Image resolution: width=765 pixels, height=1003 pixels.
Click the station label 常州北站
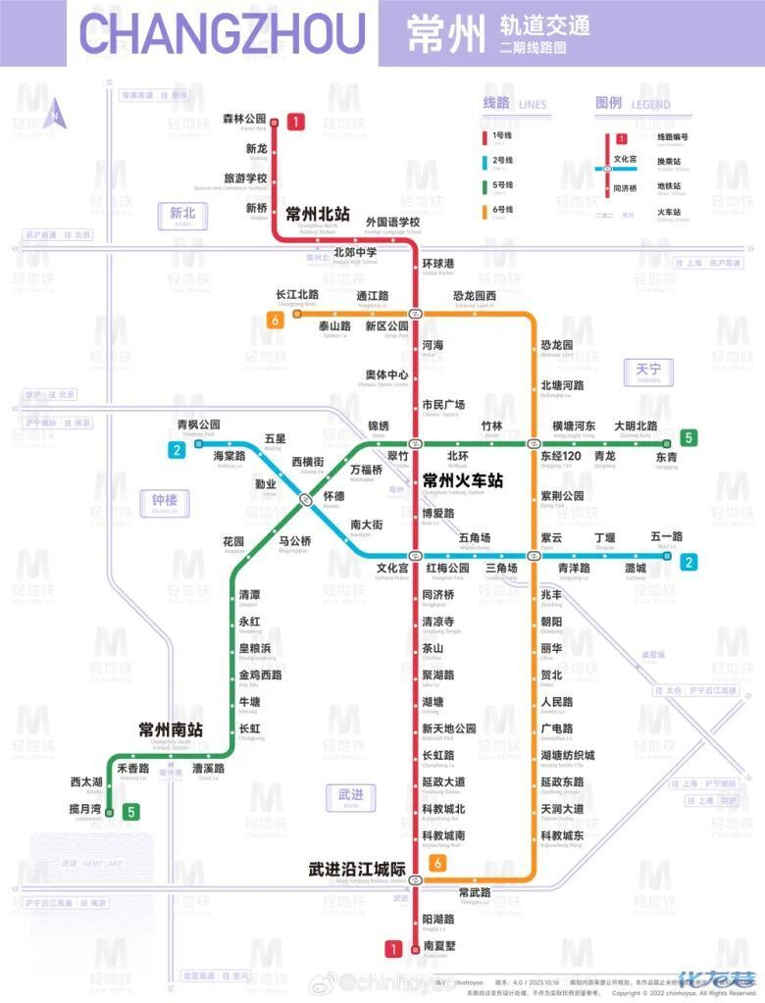tap(317, 214)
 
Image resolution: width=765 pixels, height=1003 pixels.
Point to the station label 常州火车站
tap(462, 481)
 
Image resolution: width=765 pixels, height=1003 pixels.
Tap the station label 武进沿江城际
tap(357, 869)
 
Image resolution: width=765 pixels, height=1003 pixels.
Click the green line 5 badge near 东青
tap(689, 437)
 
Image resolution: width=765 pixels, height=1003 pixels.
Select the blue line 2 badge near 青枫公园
tap(177, 450)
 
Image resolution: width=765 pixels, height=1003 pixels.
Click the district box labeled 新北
tap(182, 213)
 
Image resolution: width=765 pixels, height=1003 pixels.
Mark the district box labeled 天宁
tap(648, 371)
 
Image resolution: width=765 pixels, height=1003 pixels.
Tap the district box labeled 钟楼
tap(164, 500)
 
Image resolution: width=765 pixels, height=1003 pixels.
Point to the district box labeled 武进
tap(350, 794)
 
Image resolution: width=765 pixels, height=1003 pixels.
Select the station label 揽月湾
tap(85, 809)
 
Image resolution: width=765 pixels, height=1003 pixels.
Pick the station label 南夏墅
tap(437, 945)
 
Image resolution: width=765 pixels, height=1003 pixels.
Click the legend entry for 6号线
tap(501, 208)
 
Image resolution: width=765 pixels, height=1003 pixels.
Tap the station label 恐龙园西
tap(474, 296)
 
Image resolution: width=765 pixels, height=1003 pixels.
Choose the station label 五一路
tap(666, 536)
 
